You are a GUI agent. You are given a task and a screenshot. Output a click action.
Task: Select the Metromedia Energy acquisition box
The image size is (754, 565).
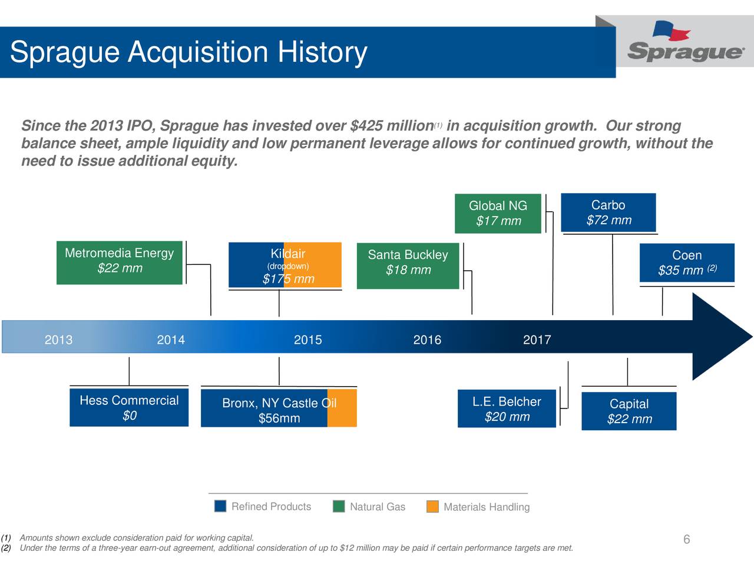120,262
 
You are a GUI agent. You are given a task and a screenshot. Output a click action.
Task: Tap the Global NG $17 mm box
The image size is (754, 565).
498,213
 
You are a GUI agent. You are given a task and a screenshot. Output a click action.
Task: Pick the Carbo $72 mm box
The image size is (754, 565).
609,212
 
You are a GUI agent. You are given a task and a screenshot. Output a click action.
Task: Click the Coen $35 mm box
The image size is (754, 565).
687,263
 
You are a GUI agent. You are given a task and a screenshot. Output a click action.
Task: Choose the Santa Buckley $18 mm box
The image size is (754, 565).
408,265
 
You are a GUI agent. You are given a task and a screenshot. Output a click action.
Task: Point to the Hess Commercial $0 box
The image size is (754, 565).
129,407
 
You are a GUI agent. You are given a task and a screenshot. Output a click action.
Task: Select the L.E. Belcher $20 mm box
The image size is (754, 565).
507,408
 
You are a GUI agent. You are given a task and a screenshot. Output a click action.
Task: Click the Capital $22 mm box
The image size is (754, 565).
629,411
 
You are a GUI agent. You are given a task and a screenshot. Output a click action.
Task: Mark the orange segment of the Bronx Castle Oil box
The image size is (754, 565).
342,408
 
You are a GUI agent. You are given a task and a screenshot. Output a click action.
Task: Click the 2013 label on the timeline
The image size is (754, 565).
59,340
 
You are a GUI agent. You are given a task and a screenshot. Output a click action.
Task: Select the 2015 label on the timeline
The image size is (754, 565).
307,340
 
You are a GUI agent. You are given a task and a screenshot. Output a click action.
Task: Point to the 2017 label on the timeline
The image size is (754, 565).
537,340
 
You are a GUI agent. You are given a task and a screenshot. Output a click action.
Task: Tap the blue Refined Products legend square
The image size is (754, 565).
220,507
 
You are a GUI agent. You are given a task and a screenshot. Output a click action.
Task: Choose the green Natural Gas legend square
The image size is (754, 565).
339,507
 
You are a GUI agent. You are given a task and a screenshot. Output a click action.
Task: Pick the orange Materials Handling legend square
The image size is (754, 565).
432,507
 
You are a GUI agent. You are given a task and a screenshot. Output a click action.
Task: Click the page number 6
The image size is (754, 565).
686,540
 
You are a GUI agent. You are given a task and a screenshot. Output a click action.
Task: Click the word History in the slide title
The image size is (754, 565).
322,52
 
